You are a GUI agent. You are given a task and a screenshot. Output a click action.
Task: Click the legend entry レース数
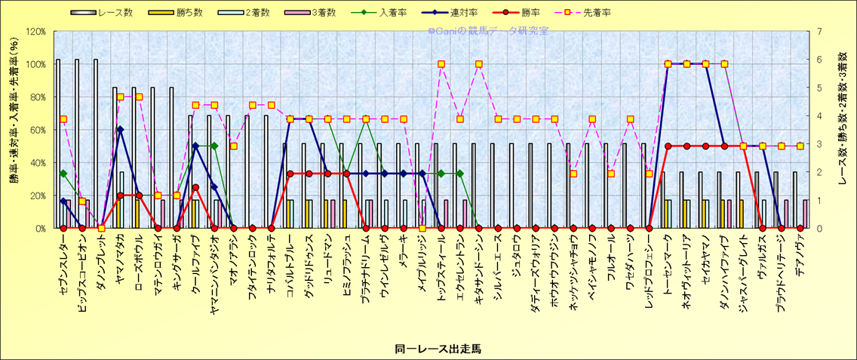point(109,13)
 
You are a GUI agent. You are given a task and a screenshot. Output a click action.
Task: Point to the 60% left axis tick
point(38,130)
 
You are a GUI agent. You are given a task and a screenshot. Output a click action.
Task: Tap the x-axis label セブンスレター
point(63,260)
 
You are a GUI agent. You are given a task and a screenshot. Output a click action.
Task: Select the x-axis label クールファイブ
point(195,260)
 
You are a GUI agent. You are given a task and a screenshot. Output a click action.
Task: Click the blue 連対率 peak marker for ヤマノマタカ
point(120,130)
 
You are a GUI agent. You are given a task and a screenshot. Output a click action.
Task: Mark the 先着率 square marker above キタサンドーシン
point(479,64)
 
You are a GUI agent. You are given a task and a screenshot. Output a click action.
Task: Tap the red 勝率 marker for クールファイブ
point(195,187)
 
